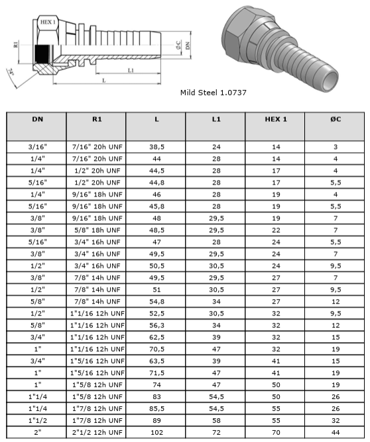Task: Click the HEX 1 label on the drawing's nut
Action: click(48, 22)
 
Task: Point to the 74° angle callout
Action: click(11, 72)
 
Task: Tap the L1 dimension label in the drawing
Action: click(131, 70)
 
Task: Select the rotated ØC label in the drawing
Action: click(178, 46)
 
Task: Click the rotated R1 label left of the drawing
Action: click(15, 44)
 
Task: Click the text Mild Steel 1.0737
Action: click(214, 93)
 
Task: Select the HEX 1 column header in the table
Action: click(276, 119)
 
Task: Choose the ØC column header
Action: click(336, 119)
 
